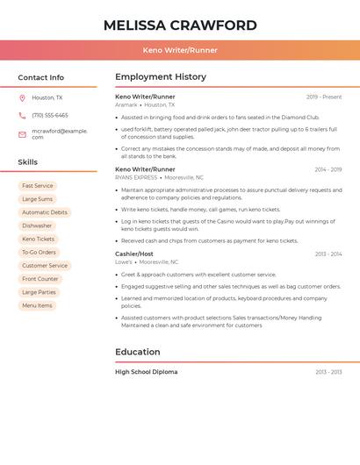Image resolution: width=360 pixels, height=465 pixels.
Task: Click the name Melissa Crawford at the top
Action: point(180,25)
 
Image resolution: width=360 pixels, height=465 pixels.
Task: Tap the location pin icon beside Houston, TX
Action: point(22,97)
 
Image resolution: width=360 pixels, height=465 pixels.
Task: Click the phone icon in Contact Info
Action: point(22,115)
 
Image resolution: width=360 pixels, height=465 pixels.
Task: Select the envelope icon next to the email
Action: point(22,134)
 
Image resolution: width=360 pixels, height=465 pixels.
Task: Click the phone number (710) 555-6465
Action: point(50,115)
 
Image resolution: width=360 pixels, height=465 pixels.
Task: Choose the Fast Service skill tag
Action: point(38,186)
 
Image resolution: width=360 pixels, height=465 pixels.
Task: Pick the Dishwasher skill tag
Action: point(37,225)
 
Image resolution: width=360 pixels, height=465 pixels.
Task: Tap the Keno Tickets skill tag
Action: point(39,239)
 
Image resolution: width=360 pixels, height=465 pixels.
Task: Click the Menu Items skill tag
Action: point(37,305)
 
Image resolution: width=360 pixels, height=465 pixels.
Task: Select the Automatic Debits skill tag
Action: point(45,212)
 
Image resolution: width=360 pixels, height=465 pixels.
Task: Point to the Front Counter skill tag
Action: point(40,279)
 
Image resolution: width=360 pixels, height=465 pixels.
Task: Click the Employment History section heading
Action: point(161,77)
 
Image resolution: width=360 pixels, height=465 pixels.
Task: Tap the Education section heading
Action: point(138,352)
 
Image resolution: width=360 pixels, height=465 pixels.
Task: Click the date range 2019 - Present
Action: point(324,97)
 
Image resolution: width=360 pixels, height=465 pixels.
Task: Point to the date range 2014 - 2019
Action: point(328,169)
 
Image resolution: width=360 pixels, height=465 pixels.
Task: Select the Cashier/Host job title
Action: point(134,254)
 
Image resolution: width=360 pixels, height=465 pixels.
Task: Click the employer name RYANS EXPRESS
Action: point(136,177)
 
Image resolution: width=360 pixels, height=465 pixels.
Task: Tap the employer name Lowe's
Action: point(124,261)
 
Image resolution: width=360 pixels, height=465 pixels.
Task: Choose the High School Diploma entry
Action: point(146,372)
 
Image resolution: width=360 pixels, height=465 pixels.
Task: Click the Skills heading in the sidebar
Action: point(28,162)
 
